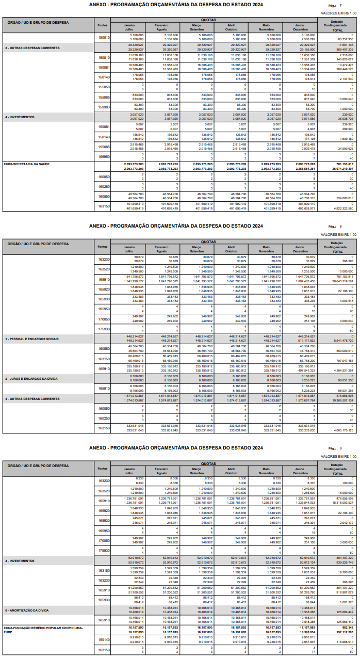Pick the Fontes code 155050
click(104, 87)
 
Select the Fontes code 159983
click(104, 107)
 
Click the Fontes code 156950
click(104, 156)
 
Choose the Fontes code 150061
click(104, 68)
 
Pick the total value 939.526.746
click(342, 562)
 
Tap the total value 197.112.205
click(342, 632)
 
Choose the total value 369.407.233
click(342, 49)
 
